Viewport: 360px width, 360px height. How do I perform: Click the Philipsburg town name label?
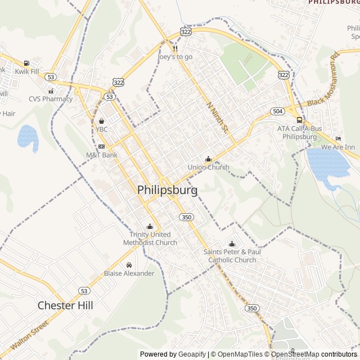coord(167,190)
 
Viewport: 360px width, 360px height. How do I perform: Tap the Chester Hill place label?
coord(65,305)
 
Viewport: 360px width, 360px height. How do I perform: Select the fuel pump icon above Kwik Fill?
coord(26,63)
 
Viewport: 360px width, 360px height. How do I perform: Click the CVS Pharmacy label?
coord(51,99)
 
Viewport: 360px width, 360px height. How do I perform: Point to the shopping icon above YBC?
coord(101,121)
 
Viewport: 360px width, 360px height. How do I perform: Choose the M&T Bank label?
coord(102,155)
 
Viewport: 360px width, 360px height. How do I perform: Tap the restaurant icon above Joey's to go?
coord(175,48)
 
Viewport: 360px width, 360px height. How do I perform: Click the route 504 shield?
coord(277,111)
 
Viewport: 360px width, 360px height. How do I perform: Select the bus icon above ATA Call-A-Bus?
coord(299,120)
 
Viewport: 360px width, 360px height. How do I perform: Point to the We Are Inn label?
coord(338,147)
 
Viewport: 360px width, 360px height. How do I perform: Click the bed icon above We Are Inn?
coord(338,138)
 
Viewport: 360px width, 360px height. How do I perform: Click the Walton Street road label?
coord(29,335)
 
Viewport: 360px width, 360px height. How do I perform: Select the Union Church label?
coord(208,167)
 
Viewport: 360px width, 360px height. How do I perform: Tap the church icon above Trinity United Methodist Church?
coord(150,227)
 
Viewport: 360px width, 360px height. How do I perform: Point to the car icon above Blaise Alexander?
coord(129,265)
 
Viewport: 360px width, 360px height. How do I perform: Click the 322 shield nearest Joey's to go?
coord(186,32)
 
